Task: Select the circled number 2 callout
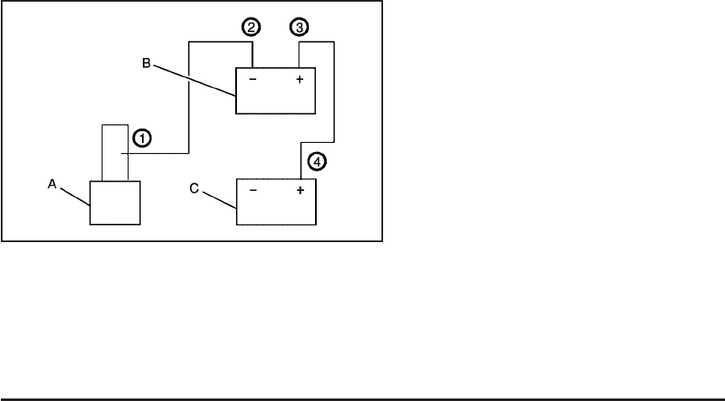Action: [250, 27]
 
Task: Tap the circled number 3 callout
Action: [298, 27]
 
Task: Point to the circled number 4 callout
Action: [315, 159]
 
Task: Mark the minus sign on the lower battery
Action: [254, 191]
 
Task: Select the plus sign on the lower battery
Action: [299, 191]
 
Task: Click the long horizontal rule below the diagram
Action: [361, 399]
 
